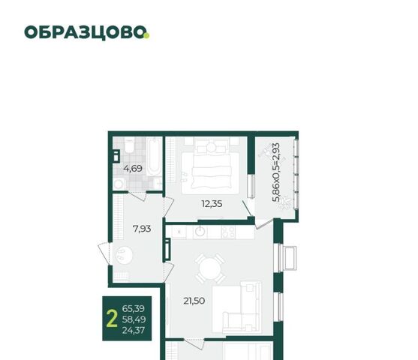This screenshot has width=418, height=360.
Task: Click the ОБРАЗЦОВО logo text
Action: coord(85,32)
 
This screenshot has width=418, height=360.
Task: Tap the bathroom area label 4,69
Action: coord(133,169)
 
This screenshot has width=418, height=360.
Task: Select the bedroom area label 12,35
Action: coord(212,204)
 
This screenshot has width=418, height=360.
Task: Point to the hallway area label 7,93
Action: coord(142,229)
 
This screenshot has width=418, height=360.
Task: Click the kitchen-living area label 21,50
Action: coord(194,301)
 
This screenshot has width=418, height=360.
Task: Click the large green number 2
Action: coord(112,319)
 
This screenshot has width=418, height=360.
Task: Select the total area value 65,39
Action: coord(134,308)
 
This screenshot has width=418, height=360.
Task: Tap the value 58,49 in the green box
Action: coord(134,319)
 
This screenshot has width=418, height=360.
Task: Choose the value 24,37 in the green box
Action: coord(134,331)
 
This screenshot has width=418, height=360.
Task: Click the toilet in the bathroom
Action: coord(130,145)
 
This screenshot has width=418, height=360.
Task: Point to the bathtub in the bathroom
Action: coord(154,157)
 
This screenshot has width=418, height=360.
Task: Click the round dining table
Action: coord(210,268)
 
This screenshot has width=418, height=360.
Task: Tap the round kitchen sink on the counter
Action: coord(200,232)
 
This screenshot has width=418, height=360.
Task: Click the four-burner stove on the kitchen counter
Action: coord(228,232)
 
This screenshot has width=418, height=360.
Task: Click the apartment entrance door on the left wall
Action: coord(104,253)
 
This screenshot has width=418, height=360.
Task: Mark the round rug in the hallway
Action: coord(124,255)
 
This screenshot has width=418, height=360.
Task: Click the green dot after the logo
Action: coord(146,35)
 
